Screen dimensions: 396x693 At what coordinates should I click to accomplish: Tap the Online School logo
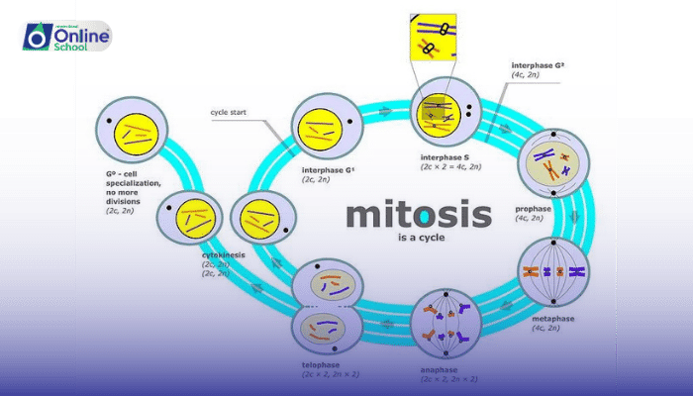pyautogui.click(x=64, y=36)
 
